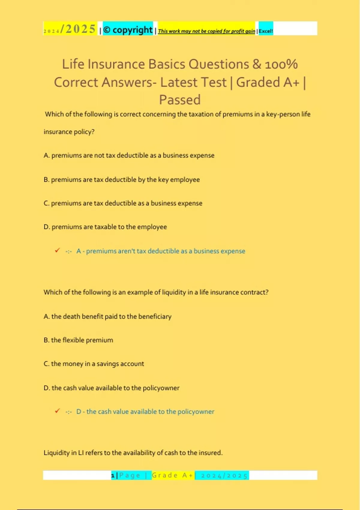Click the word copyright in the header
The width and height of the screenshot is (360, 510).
132,30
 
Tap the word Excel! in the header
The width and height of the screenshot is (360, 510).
266,31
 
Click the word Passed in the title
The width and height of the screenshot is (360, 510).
180,100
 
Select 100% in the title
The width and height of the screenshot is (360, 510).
281,64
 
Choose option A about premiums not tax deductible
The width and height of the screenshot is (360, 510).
129,155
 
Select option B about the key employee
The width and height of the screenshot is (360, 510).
121,180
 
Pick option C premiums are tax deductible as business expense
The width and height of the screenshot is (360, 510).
123,203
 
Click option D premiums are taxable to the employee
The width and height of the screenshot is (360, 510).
105,227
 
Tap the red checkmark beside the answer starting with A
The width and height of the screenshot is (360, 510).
57,250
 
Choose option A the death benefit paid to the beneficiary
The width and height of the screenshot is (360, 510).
107,316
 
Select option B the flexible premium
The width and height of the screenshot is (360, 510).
78,340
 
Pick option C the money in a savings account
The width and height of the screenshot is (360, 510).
94,364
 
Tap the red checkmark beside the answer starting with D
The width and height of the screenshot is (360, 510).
57,411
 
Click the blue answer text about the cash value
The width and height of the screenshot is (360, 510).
145,412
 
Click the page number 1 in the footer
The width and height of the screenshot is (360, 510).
113,475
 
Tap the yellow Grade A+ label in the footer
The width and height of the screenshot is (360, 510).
173,475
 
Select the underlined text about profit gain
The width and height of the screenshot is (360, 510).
206,31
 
